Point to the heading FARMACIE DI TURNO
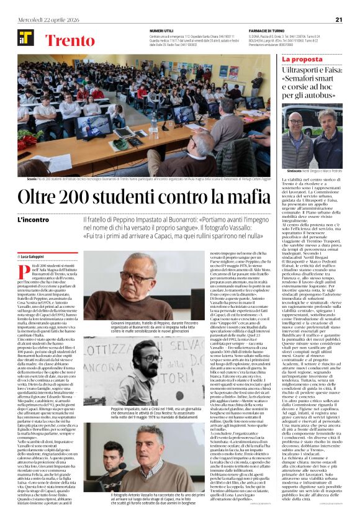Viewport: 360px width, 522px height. click(269, 31)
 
